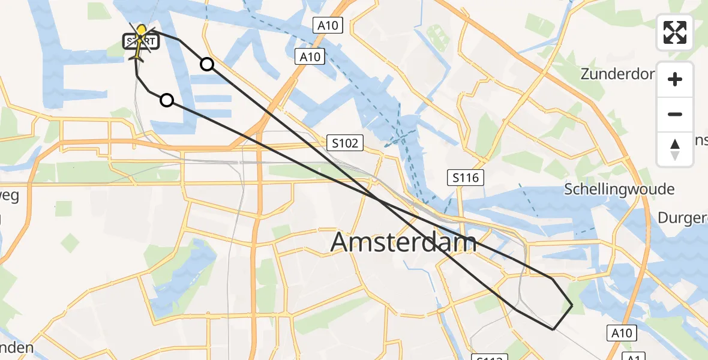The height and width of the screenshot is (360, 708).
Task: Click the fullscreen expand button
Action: click(675, 32)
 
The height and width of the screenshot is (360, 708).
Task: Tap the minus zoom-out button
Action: click(675, 114)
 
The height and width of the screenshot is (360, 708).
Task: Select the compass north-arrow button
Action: click(675, 149)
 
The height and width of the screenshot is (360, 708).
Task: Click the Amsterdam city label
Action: click(404, 242)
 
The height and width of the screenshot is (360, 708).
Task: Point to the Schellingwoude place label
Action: click(619, 189)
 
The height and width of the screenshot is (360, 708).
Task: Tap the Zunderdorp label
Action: click(617, 74)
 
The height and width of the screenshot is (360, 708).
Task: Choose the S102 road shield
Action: click(346, 143)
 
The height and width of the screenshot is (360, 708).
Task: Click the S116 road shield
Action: click(465, 177)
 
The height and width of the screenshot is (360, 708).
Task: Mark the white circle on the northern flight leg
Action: click(206, 64)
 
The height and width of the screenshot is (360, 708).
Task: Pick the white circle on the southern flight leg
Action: click(167, 100)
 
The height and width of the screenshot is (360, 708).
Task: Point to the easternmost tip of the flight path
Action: click(572, 305)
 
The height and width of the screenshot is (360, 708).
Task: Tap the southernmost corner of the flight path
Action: click(553, 329)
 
